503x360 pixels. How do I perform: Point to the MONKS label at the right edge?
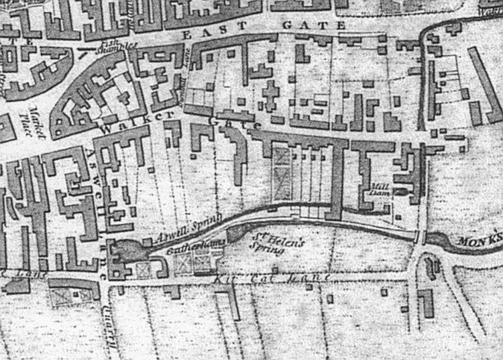coord(480,239)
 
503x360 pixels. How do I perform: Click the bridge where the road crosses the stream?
coord(418,237)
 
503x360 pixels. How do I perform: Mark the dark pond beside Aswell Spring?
coord(126,252)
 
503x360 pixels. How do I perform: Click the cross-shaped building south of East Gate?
coord(270,95)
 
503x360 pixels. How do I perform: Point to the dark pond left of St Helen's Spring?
coord(237,233)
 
